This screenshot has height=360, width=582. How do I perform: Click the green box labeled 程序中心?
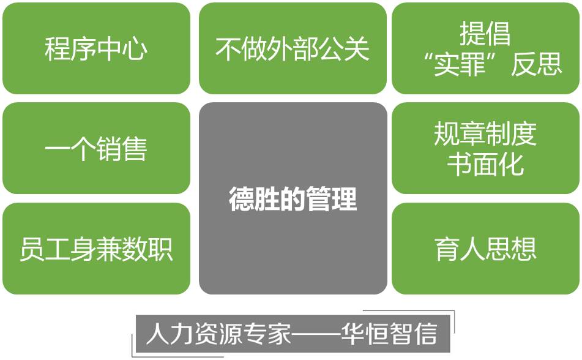coord(96,48)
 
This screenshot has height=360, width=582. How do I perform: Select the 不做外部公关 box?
coord(293,48)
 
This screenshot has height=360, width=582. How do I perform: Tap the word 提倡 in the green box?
coord(485,33)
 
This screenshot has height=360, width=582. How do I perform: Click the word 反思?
coord(536,64)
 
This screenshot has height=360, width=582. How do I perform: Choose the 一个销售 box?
coord(96,148)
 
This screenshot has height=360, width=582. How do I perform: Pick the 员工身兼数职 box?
coord(96,249)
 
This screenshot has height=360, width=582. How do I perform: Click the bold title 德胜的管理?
coord(293,199)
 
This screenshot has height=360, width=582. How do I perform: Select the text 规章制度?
coord(485,133)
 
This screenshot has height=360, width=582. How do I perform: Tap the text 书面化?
coord(485,164)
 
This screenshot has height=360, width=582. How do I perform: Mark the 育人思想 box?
coord(485,249)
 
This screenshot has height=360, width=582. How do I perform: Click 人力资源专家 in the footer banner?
coord(218,334)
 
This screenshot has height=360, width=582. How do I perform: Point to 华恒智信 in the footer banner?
coord(389,334)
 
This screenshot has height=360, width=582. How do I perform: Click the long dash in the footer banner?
coord(316,333)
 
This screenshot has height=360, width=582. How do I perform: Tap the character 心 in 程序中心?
coord(135,48)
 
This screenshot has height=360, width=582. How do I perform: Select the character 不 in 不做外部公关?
coord(228,48)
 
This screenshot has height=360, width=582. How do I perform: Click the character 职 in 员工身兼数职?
coord(160,249)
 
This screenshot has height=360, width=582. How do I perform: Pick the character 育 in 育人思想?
coord(447,249)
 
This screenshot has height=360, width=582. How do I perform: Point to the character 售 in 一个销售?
coord(135,148)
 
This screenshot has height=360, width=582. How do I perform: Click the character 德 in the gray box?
coord(241,199)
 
